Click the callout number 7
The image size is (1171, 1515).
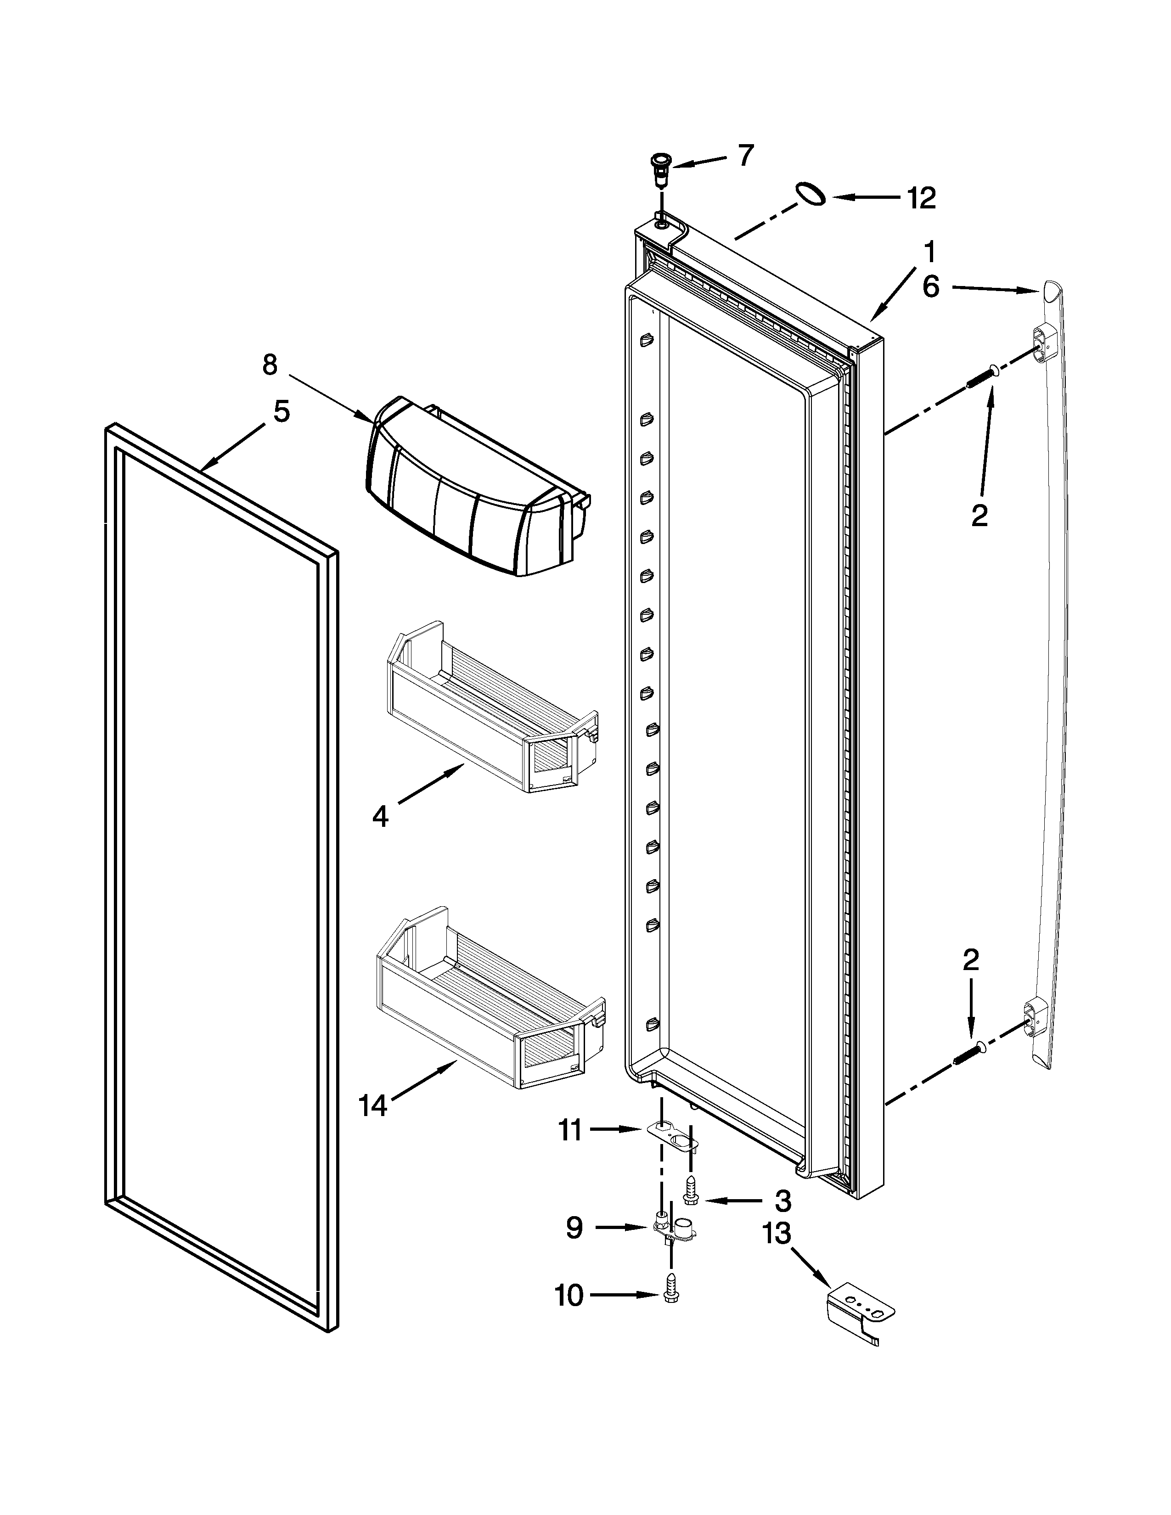(745, 156)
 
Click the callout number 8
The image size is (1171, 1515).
(270, 364)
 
